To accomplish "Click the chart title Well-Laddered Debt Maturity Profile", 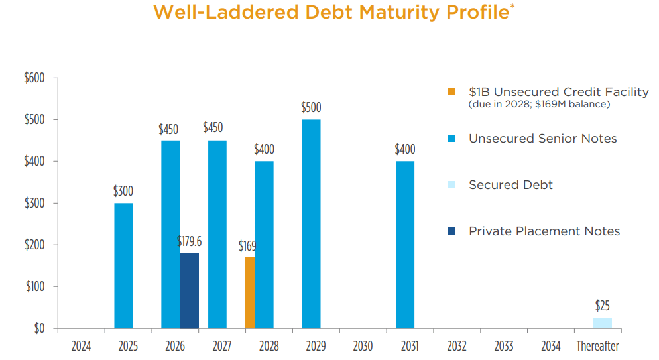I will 333,13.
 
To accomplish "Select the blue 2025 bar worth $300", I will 123,265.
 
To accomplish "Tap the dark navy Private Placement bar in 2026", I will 190,290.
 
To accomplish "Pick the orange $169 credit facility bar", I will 250,292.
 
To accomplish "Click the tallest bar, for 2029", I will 311,223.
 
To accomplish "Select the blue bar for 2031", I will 405,245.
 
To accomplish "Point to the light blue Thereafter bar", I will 602,323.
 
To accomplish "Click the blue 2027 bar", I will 217,234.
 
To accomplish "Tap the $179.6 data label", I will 189,242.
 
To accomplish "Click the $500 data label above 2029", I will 311,107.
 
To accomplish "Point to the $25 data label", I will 602,306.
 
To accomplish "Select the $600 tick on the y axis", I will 34,78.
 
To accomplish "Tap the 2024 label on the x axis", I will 81,346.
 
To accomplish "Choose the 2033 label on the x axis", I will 503,346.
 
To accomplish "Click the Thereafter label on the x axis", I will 597,346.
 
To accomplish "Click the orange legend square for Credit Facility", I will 451,92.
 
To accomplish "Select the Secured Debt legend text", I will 510,185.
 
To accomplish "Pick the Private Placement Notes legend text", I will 544,231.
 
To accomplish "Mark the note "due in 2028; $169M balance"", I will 539,105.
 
